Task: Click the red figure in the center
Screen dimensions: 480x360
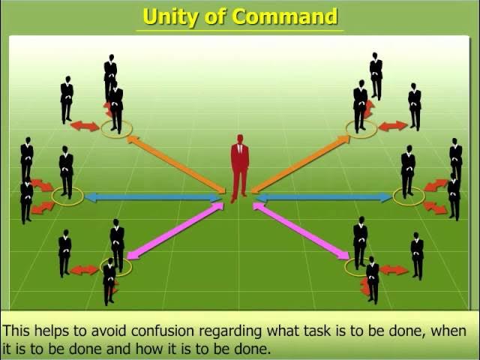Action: (239, 169)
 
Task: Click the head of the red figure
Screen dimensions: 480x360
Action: (240, 139)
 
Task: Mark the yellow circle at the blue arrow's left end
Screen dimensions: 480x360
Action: (67, 196)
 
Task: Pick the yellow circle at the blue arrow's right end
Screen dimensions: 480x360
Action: (409, 196)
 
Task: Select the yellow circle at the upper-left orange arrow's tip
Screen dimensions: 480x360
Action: (116, 129)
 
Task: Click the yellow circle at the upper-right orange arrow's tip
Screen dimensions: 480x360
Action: (361, 129)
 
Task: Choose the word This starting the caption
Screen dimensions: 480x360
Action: (16, 331)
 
